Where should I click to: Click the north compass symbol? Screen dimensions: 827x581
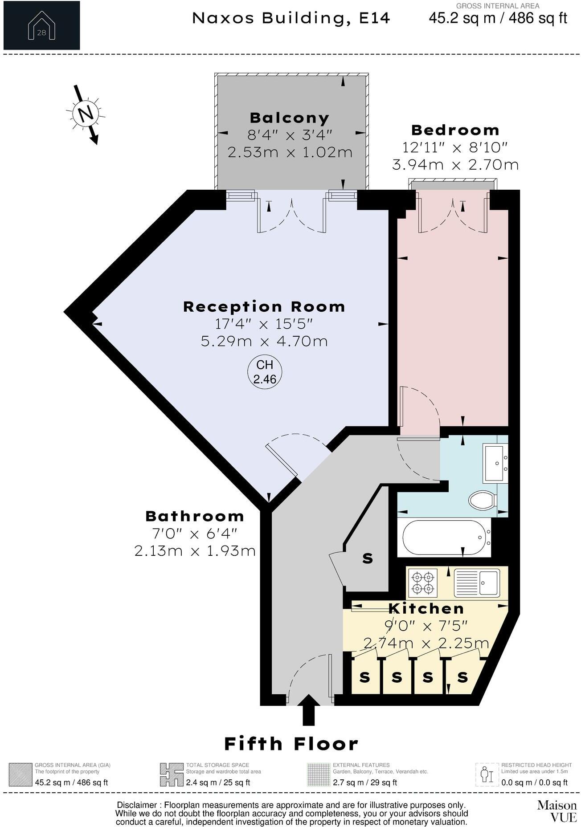pos(86,114)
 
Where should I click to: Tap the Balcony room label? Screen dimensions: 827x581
pos(290,118)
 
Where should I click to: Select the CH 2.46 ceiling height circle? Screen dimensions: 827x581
pos(265,372)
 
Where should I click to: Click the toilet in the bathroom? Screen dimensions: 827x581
pos(483,500)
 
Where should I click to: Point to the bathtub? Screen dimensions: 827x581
pos(444,537)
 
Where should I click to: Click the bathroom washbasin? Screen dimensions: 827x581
pos(495,463)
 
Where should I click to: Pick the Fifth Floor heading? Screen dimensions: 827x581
pos(291,744)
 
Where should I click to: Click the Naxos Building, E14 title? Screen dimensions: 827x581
pos(291,18)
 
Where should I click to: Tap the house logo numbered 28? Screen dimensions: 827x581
pos(41,25)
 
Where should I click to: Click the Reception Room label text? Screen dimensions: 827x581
pos(264,307)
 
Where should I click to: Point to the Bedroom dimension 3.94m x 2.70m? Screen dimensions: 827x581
pos(455,165)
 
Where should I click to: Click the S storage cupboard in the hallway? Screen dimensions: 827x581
pos(368,558)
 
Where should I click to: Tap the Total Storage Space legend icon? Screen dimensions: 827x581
pos(172,775)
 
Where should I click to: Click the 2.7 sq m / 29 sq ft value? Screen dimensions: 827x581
pos(364,782)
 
